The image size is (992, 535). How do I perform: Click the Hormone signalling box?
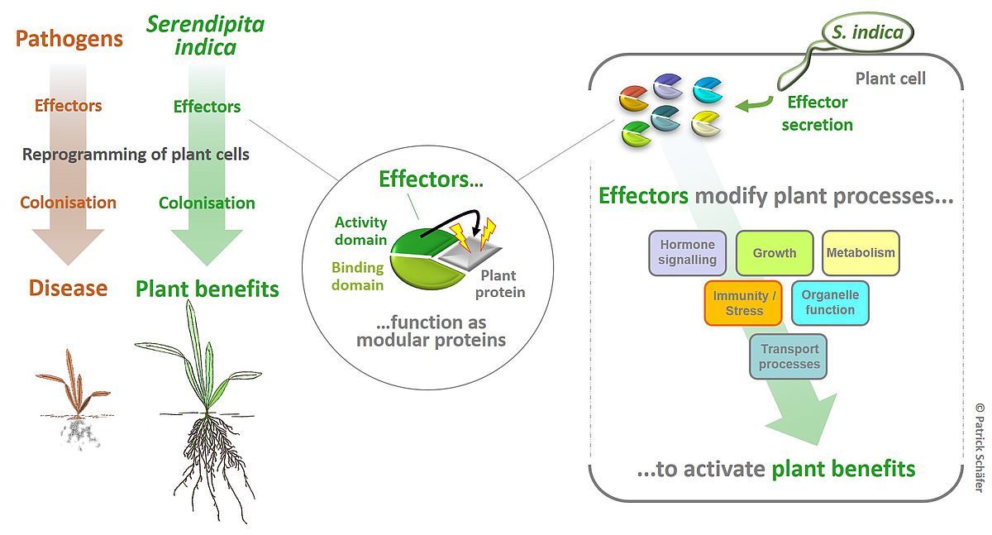coord(687,253)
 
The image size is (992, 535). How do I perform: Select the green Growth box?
coord(775,253)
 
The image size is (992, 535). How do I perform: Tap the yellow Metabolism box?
coord(861,253)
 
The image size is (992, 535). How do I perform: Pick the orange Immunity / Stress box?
coord(743,303)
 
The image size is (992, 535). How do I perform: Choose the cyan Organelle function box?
coord(830,303)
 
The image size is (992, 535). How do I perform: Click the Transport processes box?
coord(789,356)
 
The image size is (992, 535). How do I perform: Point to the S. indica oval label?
coord(867,32)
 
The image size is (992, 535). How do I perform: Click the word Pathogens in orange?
coord(69,39)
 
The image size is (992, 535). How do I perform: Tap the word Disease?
coord(68,288)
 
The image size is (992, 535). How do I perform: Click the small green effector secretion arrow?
coord(754,104)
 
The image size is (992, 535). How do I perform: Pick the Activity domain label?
coord(361,231)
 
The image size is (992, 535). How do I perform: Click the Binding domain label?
coord(358,276)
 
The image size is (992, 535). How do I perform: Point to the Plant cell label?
coord(890,79)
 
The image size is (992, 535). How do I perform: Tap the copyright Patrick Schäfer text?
coord(980,447)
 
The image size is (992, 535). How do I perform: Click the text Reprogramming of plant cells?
coord(136,155)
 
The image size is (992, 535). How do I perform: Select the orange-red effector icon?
coord(634,98)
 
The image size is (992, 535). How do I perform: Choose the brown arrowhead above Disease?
coord(68,246)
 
